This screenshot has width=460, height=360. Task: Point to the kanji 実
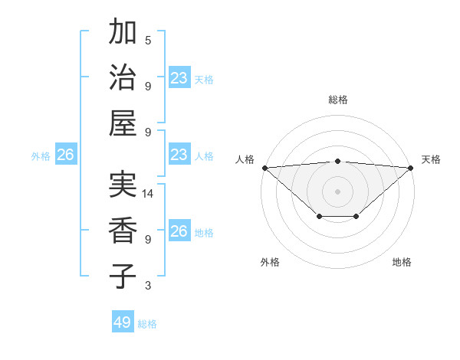pos(123,185)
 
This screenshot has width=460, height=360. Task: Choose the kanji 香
pos(123,231)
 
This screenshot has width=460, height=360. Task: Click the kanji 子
pos(123,276)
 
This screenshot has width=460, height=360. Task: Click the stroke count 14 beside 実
pos(148,194)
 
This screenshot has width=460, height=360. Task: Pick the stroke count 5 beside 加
pos(148,40)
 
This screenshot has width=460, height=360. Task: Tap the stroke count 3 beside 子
pos(148,286)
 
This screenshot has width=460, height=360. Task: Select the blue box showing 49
pos(123,322)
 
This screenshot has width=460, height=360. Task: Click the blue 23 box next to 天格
pos(179,78)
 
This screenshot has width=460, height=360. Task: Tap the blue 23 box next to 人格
pos(179,155)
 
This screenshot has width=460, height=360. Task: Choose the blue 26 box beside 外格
pos(65,155)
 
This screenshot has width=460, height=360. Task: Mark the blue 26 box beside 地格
pos(179,231)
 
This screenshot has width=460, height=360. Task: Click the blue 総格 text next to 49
pos(148,324)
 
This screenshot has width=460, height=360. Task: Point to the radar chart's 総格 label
pos(338,100)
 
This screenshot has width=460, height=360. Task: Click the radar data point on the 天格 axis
pos(411,168)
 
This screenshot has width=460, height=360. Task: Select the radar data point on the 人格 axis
pos(264,168)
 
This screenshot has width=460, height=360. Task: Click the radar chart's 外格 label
pos(270,262)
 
